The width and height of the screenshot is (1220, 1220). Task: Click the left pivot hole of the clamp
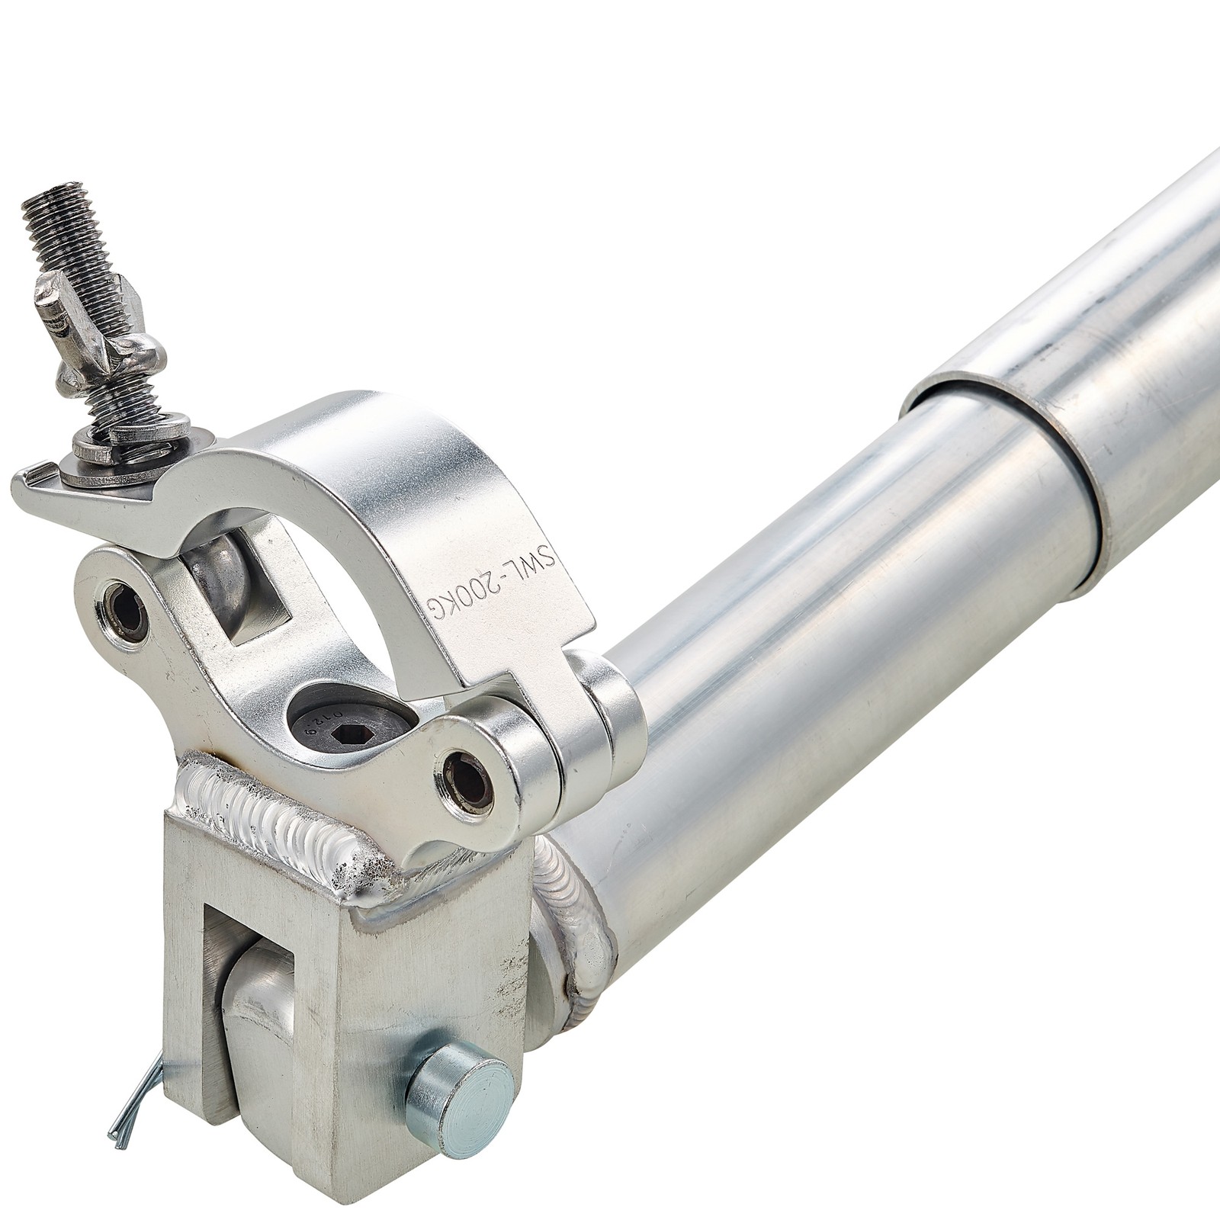[x=127, y=611]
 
